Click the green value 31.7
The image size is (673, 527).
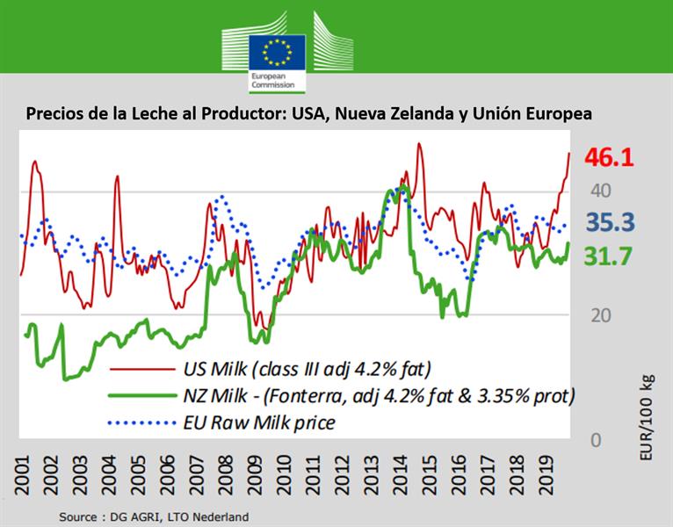pyautogui.click(x=609, y=256)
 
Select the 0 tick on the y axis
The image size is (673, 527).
pyautogui.click(x=596, y=439)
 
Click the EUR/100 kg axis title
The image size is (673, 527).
pyautogui.click(x=648, y=405)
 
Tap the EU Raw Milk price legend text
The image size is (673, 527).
pyautogui.click(x=259, y=423)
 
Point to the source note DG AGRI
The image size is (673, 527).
pyautogui.click(x=154, y=516)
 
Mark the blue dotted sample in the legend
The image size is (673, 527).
pyautogui.click(x=141, y=422)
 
